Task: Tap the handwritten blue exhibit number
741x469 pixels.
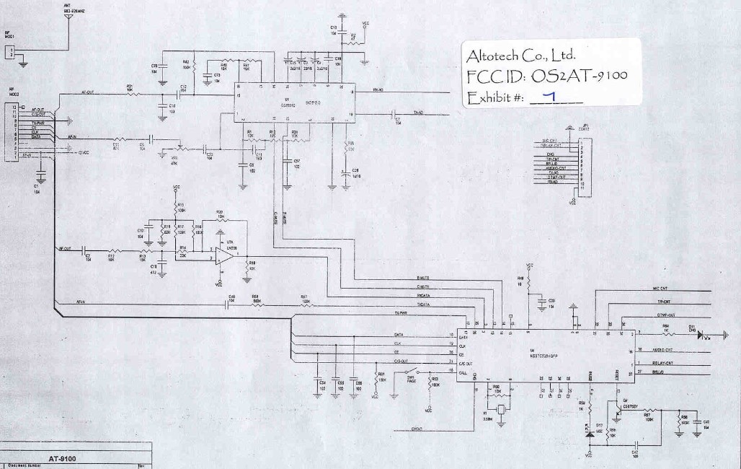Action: pyautogui.click(x=549, y=97)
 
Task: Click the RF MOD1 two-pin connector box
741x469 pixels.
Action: pyautogui.click(x=10, y=51)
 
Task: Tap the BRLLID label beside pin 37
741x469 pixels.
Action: pyautogui.click(x=657, y=372)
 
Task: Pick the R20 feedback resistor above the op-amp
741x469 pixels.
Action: pyautogui.click(x=220, y=220)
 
